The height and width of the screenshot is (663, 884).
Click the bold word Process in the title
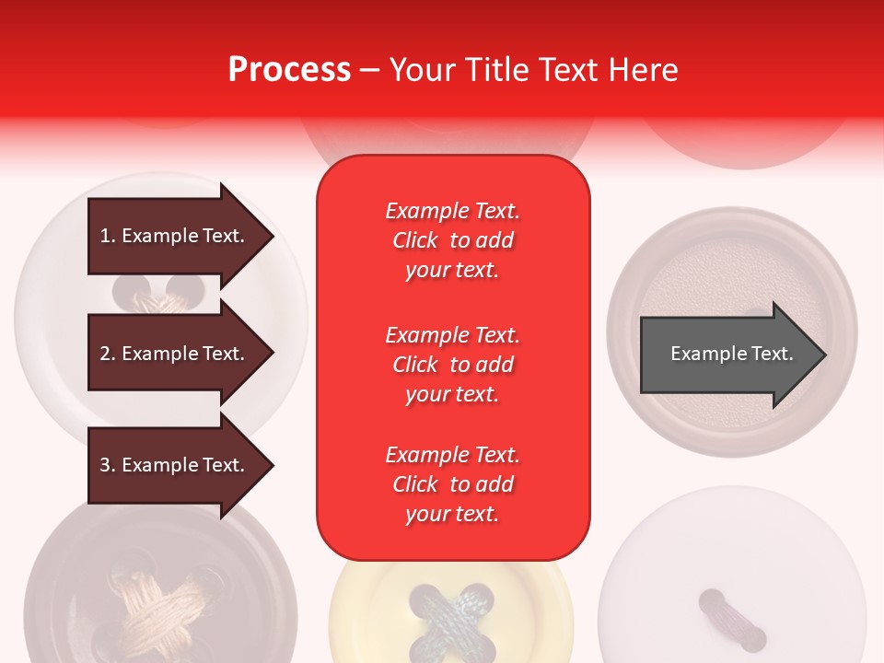click(x=289, y=70)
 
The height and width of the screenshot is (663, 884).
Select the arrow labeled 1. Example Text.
click(x=175, y=236)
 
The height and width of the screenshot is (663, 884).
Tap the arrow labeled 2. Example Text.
click(x=175, y=354)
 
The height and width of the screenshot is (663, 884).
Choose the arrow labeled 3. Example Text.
click(x=175, y=465)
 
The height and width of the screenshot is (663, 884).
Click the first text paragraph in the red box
click(x=452, y=240)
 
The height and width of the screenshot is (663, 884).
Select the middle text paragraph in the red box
click(x=452, y=365)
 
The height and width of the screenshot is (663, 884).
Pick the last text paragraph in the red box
click(x=452, y=484)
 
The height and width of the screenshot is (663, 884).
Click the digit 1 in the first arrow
click(x=104, y=236)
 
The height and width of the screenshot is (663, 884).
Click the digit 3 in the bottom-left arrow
click(x=105, y=465)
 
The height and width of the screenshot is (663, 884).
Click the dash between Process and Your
click(x=369, y=70)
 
